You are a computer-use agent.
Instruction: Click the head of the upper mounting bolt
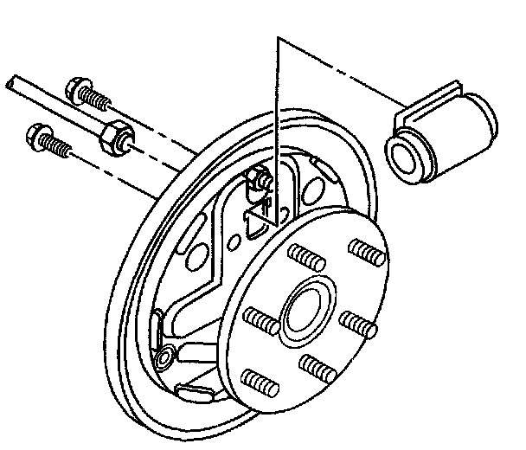[x=76, y=88]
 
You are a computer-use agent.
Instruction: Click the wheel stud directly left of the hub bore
[x=260, y=322]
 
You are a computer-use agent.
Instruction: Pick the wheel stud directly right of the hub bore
[x=358, y=326]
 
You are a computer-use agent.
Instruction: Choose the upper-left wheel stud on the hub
[x=305, y=257]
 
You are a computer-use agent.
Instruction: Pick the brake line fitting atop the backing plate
[x=258, y=181]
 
